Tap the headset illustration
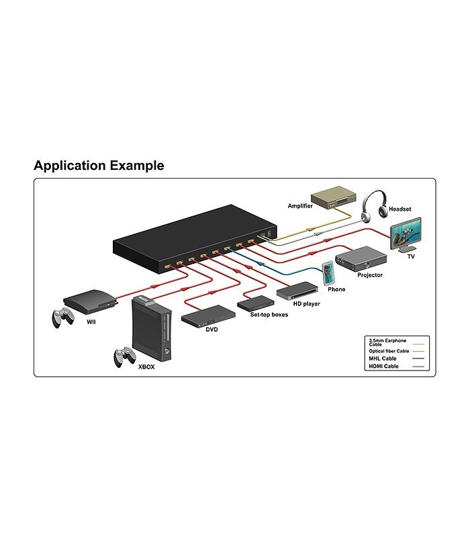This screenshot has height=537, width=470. pos(375,205)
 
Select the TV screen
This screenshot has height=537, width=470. pos(406,233)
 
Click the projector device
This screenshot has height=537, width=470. pos(361,258)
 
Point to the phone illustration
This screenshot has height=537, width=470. pos(328,273)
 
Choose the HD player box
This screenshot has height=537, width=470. pos(297,291)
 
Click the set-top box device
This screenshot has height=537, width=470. pos(256,303)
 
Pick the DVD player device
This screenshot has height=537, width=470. pos(208,315)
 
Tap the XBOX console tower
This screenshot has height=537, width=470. pos(152,328)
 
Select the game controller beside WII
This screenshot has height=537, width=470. pos(63,318)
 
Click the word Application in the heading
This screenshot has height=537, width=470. pos(70,166)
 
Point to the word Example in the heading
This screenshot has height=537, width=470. pos(137,166)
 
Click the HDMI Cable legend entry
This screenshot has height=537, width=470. pos(396,367)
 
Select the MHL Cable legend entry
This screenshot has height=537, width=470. pos(396,358)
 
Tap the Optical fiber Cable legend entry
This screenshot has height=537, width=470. pos(396,351)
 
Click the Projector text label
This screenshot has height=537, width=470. pos(370,275)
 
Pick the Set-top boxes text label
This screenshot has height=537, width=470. pos(269,315)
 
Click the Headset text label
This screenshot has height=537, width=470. pos(399,209)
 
